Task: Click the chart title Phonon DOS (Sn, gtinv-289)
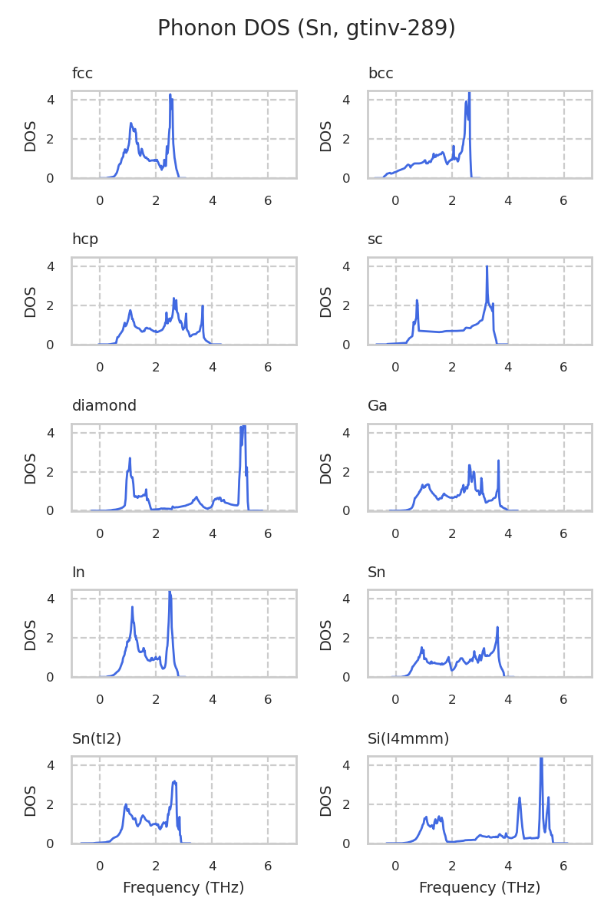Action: (306, 29)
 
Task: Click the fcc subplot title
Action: (82, 74)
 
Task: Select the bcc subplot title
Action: (381, 74)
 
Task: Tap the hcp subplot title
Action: (85, 239)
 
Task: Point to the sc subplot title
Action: (375, 239)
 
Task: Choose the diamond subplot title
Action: (104, 406)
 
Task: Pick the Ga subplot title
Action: (378, 406)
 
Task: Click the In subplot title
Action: (78, 573)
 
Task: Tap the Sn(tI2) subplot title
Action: (97, 739)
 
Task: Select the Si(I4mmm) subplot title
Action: (408, 739)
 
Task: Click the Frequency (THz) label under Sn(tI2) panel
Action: (183, 888)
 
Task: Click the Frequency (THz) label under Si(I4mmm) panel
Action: (480, 888)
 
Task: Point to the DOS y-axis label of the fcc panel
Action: (31, 136)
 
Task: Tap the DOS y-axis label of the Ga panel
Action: (326, 468)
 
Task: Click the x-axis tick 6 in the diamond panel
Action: (268, 534)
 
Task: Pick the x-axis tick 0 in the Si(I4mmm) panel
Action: (396, 867)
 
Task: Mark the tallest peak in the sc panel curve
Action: (487, 267)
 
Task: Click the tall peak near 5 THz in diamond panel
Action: (243, 426)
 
